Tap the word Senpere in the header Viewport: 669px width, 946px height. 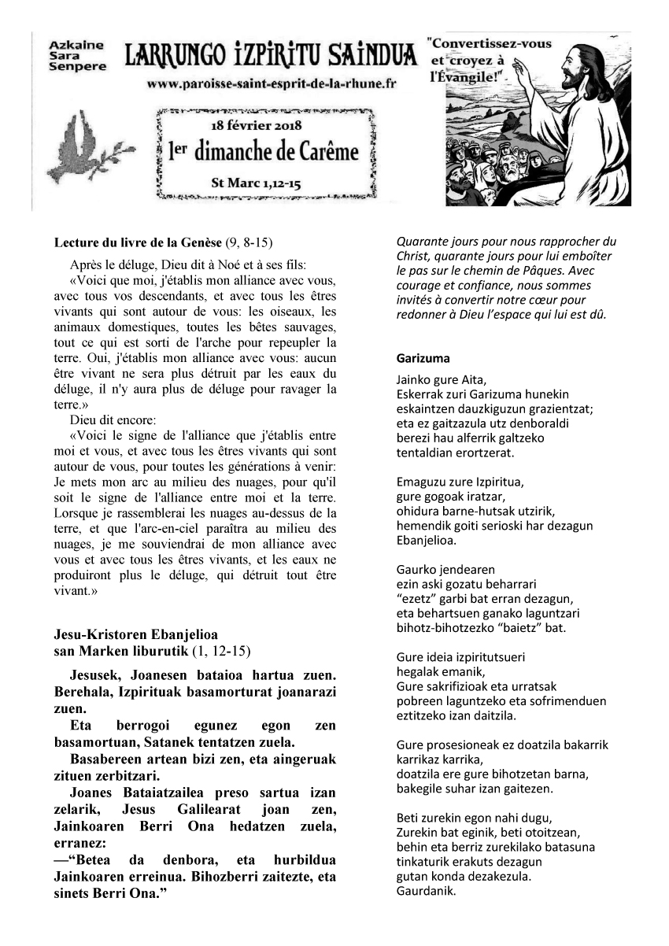click(x=77, y=67)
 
